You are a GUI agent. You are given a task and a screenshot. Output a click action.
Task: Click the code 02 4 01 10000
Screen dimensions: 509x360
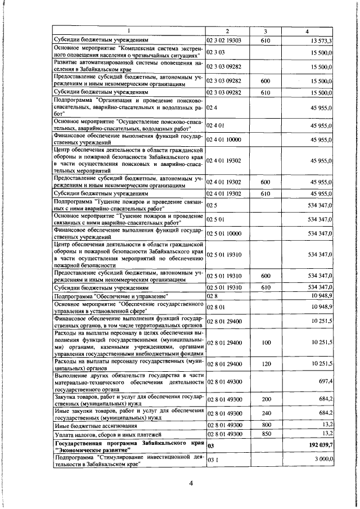point(224,139)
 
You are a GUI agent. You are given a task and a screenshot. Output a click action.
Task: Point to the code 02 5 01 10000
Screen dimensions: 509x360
point(224,233)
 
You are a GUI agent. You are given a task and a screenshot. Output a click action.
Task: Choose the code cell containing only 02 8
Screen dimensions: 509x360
point(212,295)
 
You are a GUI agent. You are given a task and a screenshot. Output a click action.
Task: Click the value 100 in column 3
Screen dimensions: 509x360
point(266,342)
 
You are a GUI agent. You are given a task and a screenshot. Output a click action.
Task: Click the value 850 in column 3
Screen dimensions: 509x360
point(266,450)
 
